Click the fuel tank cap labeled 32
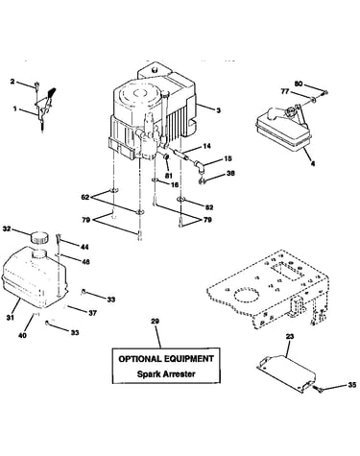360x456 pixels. click(x=39, y=238)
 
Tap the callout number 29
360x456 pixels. click(x=155, y=321)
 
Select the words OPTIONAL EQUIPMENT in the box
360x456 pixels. click(x=166, y=359)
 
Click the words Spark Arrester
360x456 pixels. click(x=166, y=373)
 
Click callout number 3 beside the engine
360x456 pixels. click(x=218, y=110)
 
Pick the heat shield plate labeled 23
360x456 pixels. click(x=287, y=373)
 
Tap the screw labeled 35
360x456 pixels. click(x=320, y=389)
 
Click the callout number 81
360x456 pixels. click(x=169, y=176)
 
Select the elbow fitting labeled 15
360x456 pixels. click(x=199, y=165)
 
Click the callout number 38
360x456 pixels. click(x=230, y=173)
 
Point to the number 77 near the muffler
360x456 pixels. click(x=285, y=92)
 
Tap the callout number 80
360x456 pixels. click(x=299, y=84)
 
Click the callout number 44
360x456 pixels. click(x=84, y=247)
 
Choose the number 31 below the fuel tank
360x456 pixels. click(x=11, y=318)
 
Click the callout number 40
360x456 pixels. click(x=22, y=335)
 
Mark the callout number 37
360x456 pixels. click(x=92, y=313)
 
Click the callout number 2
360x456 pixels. click(x=12, y=82)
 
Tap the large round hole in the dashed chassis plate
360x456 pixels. click(x=247, y=294)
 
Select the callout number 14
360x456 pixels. click(x=206, y=146)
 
